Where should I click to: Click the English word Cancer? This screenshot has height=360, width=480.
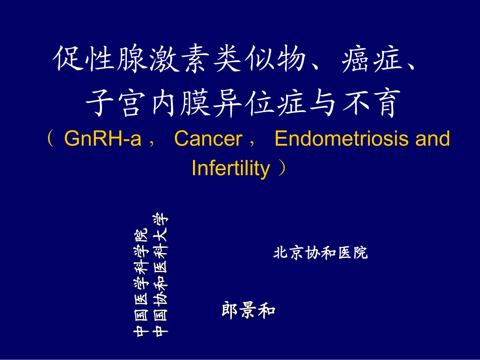pyautogui.click(x=208, y=139)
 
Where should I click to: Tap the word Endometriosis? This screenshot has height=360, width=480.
pyautogui.click(x=342, y=139)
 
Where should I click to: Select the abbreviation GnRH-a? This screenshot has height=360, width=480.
pyautogui.click(x=103, y=139)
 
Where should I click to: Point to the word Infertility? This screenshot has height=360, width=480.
pyautogui.click(x=230, y=168)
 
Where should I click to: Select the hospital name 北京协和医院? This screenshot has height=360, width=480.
pyautogui.click(x=320, y=252)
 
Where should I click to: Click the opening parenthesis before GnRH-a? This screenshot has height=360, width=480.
pyautogui.click(x=51, y=139)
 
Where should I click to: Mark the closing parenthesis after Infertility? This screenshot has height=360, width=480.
pyautogui.click(x=283, y=168)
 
